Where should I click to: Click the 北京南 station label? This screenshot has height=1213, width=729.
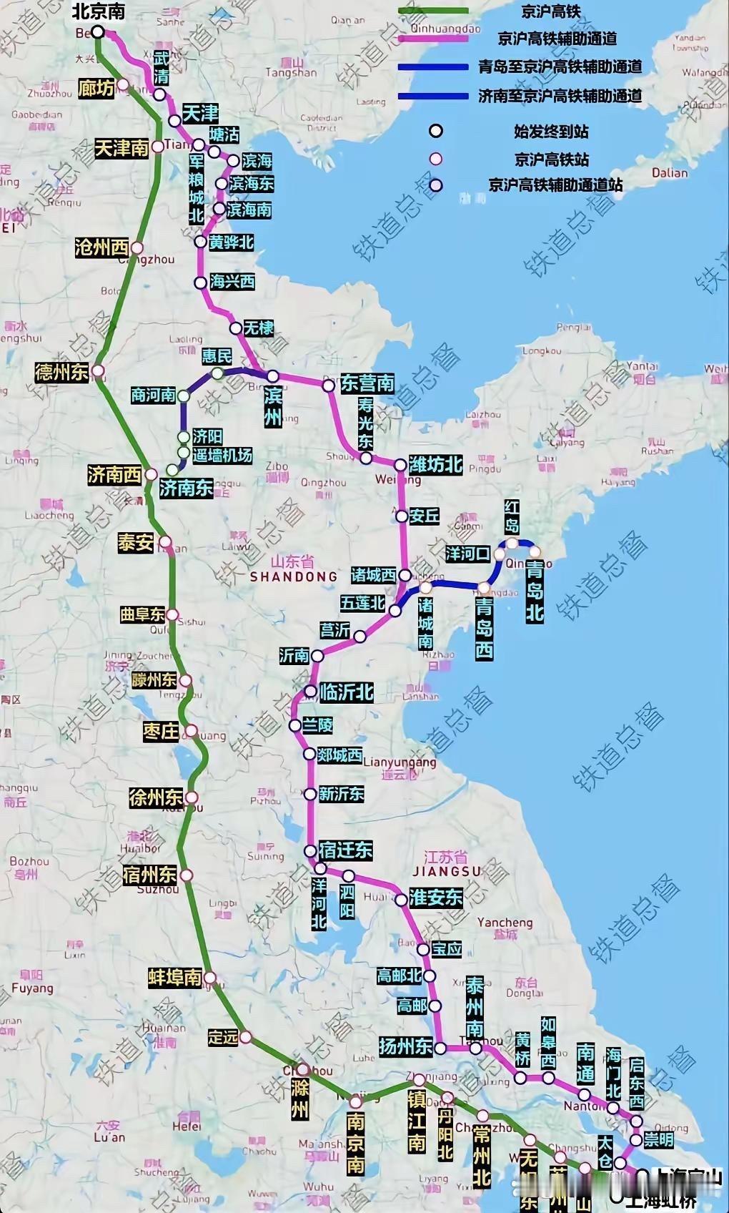point(99,11)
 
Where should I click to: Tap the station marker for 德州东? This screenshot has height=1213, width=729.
point(98,371)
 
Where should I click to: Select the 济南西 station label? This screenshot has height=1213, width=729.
point(114,474)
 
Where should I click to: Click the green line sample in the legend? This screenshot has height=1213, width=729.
point(434,11)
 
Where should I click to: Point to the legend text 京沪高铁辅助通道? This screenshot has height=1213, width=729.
point(557,39)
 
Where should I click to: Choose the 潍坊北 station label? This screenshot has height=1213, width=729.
point(436,465)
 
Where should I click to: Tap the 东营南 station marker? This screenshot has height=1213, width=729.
point(329,385)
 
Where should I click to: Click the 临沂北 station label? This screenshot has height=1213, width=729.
point(347,692)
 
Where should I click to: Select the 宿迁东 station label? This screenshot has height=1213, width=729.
point(346,850)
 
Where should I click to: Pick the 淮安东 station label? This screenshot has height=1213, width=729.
point(436,898)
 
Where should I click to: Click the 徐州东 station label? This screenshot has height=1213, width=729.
point(156,797)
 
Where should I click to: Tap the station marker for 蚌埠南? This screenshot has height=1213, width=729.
point(210,977)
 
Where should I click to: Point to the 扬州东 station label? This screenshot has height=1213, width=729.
point(405,1046)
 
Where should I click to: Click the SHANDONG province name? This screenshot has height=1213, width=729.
point(294,576)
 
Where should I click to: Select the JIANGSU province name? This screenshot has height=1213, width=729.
point(447,871)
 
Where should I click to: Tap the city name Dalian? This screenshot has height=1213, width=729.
point(670,172)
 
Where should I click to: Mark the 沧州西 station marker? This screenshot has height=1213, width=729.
point(137,248)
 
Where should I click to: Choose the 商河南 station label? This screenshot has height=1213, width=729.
point(153,395)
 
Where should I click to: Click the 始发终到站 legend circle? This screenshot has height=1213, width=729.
point(435,131)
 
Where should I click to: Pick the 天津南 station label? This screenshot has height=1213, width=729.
point(121,148)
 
